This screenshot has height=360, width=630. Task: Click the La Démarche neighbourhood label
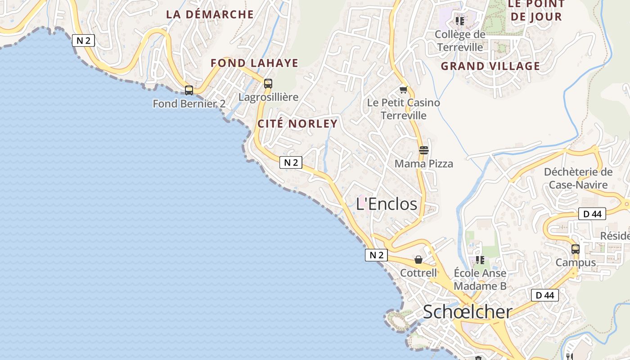pos(210,14)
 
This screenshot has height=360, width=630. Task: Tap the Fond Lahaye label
pos(254,63)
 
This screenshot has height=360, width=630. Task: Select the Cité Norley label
pos(297,124)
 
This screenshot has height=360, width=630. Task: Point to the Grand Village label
pos(490,66)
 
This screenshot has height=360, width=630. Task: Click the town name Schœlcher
pos(468,311)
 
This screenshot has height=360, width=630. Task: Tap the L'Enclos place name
pos(387,204)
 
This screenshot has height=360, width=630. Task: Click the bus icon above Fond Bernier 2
pos(189,90)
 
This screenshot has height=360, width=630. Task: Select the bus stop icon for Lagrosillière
pos(268,84)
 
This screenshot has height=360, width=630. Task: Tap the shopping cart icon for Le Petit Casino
pos(403,90)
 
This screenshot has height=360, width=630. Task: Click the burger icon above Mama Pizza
pos(423,150)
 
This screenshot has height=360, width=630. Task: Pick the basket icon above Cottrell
pos(418,260)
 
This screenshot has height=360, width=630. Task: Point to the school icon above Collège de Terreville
pos(459,21)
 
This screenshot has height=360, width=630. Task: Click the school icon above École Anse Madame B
pos(480,260)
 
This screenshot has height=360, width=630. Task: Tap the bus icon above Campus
pos(575,249)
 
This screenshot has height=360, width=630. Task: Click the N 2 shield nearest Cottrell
pos(376,255)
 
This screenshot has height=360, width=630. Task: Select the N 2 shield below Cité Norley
pos(291,162)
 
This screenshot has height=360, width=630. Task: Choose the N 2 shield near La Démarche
pos(83,40)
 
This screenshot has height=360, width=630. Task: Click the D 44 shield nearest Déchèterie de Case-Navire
pos(592,214)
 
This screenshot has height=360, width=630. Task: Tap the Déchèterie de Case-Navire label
pos(578,178)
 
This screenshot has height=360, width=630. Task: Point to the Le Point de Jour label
pos(536,11)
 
